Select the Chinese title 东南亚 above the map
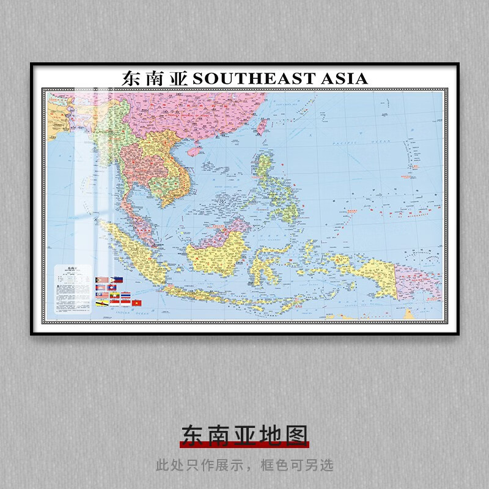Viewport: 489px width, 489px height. click(156, 78)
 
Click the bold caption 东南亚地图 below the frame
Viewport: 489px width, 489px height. click(244, 435)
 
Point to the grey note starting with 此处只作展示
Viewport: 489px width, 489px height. click(244, 465)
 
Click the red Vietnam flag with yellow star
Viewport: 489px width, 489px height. click(137, 303)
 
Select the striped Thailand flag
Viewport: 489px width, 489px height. click(126, 295)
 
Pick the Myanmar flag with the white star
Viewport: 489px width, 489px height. click(115, 295)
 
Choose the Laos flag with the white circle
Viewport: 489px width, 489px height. click(111, 287)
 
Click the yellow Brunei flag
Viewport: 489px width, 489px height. click(102, 303)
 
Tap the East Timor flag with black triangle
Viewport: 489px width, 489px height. click(102, 280)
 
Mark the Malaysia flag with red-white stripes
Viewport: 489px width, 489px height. click(102, 295)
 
